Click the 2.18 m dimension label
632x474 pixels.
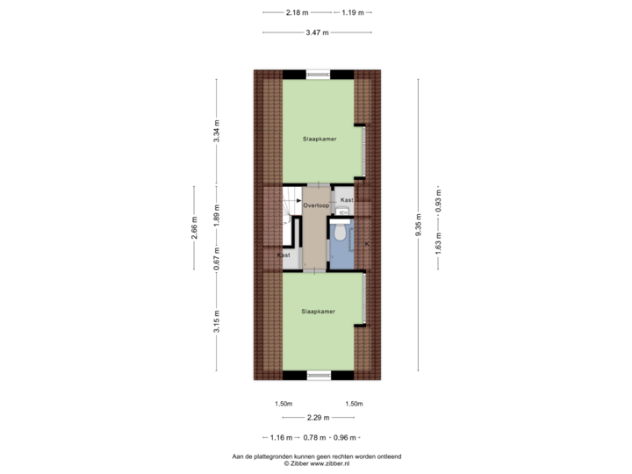tap(297, 12)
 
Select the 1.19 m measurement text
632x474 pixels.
tap(353, 12)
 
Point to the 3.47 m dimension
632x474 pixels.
tap(317, 32)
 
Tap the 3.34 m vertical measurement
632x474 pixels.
tap(217, 131)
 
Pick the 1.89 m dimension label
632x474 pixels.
tap(217, 215)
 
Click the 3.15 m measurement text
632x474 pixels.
tap(217, 321)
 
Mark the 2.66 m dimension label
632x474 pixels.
tap(194, 227)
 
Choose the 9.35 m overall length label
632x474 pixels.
tap(419, 225)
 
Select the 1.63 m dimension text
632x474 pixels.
tap(439, 243)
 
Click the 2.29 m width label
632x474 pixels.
tap(319, 418)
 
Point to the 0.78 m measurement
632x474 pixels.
tap(314, 437)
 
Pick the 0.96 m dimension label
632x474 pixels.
tap(345, 437)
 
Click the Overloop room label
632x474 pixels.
tap(316, 205)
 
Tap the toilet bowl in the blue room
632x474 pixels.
tap(341, 232)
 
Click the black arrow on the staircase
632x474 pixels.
tap(298, 200)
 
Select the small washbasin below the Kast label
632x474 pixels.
tap(342, 212)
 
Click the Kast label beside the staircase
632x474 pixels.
tap(284, 255)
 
